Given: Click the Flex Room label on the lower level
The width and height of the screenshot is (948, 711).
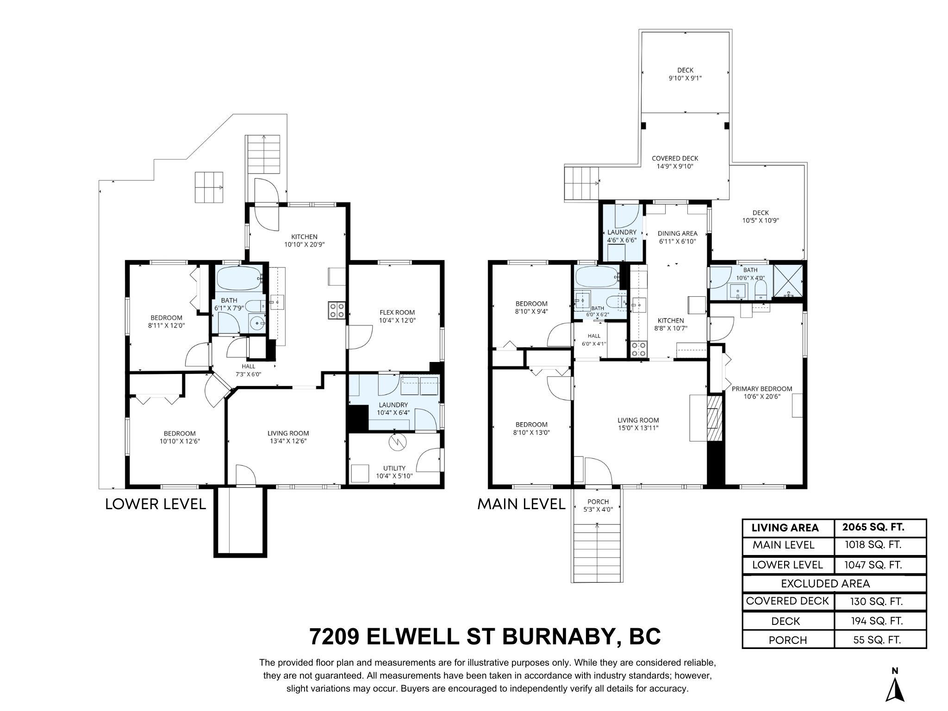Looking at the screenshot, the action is tap(397, 312).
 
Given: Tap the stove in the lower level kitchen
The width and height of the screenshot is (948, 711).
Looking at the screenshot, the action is tap(337, 310).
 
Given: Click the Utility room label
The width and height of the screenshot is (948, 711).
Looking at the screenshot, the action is tap(394, 468).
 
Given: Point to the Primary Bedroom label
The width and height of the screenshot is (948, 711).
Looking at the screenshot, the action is tap(761, 389).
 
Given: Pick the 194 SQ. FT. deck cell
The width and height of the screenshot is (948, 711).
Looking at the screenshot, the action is tap(877, 621).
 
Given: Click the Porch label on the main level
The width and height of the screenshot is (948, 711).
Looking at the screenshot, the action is tap(598, 502).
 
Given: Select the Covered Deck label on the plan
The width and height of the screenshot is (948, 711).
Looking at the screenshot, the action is tap(674, 158).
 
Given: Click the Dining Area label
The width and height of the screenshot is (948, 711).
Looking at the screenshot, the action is tap(677, 233).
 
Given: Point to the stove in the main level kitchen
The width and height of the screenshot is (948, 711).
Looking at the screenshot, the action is tap(638, 349).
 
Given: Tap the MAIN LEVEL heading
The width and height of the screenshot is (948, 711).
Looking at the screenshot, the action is tap(521, 504).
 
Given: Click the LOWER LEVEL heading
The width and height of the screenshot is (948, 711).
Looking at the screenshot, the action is tap(156, 504).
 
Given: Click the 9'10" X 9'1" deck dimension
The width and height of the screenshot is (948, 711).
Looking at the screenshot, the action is tap(685, 78).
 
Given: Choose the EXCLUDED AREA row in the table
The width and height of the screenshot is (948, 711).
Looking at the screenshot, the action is tap(825, 584).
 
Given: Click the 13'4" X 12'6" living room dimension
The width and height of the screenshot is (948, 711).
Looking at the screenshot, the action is tap(288, 441).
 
